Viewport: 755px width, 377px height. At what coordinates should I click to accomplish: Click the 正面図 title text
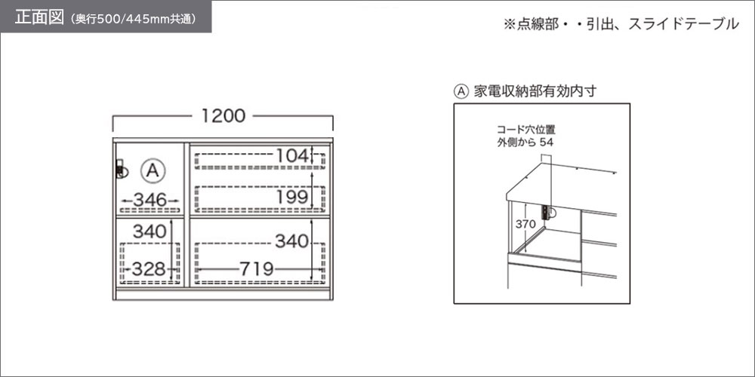(x=39, y=17)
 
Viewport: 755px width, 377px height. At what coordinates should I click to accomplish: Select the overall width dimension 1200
(x=223, y=116)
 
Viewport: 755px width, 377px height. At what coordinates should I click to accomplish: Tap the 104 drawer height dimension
(x=291, y=155)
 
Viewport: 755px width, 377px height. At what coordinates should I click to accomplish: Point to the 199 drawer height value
(x=291, y=196)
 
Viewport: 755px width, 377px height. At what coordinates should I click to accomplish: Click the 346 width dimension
(x=149, y=200)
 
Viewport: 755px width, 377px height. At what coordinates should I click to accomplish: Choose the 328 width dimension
(x=149, y=269)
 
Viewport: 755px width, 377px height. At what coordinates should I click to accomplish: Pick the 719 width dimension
(x=257, y=269)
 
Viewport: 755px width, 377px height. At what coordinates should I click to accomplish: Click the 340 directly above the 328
(x=149, y=231)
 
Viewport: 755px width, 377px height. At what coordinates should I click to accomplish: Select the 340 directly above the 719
(x=291, y=241)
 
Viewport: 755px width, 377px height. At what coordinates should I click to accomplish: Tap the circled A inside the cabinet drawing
(x=153, y=170)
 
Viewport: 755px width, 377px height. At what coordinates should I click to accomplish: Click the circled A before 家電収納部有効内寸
(x=461, y=91)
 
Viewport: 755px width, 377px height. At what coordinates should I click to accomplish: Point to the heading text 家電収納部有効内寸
(x=535, y=91)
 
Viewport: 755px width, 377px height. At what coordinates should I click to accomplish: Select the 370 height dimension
(x=525, y=224)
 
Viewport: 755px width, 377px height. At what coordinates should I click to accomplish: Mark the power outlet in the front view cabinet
(x=122, y=169)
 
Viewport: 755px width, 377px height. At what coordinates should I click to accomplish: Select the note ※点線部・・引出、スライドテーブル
(x=621, y=24)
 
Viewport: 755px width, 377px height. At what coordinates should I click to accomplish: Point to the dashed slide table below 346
(x=151, y=210)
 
